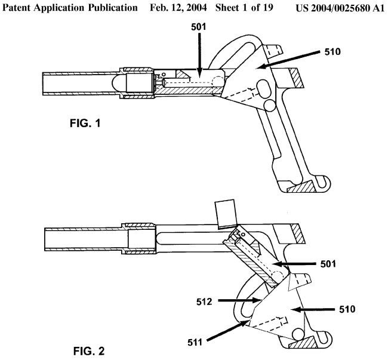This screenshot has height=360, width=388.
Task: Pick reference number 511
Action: pos(196,342)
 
